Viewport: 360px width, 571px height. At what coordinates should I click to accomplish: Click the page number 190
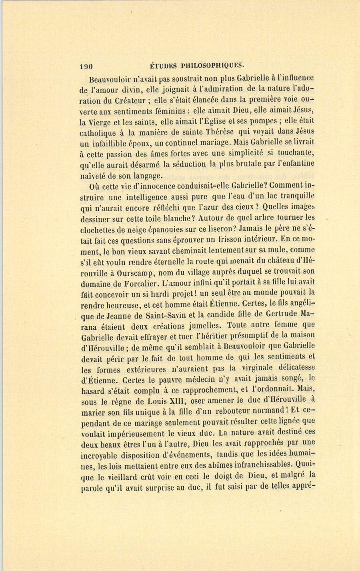coord(86,67)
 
